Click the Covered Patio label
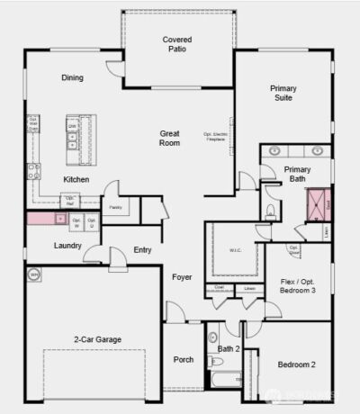tap(177, 45)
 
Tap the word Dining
tap(72, 77)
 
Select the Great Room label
tap(169, 138)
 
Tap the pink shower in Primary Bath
tap(317, 206)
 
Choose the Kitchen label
tap(76, 180)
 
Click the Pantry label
tap(115, 207)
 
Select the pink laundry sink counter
tap(42, 219)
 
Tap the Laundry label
tap(68, 245)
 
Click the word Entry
tap(142, 249)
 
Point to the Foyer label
tap(183, 276)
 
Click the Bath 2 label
tap(229, 348)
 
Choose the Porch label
tap(183, 360)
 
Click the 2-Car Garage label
tap(97, 339)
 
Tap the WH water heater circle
tap(34, 274)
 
